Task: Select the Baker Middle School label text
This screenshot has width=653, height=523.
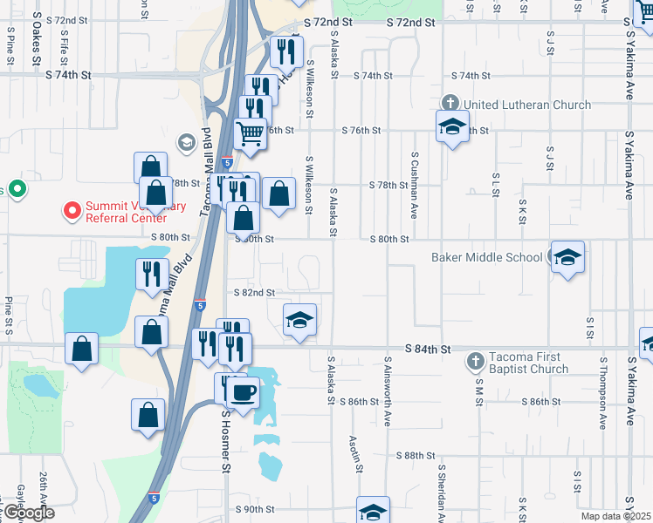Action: tap(486, 257)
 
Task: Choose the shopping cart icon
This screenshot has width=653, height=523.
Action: tap(251, 133)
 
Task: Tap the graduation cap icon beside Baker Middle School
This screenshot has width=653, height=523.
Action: tap(567, 257)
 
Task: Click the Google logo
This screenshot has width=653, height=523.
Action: tap(28, 513)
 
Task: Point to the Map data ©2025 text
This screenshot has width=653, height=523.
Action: tap(616, 516)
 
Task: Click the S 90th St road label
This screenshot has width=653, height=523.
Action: tap(255, 509)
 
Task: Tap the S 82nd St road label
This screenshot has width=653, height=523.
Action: tap(254, 293)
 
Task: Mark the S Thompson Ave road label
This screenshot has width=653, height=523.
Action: tap(603, 393)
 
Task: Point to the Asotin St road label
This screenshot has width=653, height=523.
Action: tap(356, 454)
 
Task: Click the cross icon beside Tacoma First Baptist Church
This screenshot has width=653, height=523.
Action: tap(475, 359)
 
